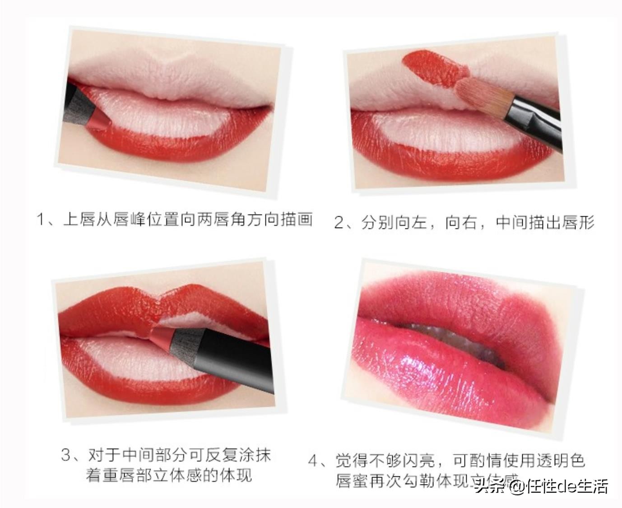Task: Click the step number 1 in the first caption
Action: tap(41, 220)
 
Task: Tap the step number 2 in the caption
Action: tap(339, 223)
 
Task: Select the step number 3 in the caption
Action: tap(66, 455)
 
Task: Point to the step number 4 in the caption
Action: tap(313, 461)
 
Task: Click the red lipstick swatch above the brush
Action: tap(433, 68)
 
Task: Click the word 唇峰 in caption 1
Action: tap(128, 220)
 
